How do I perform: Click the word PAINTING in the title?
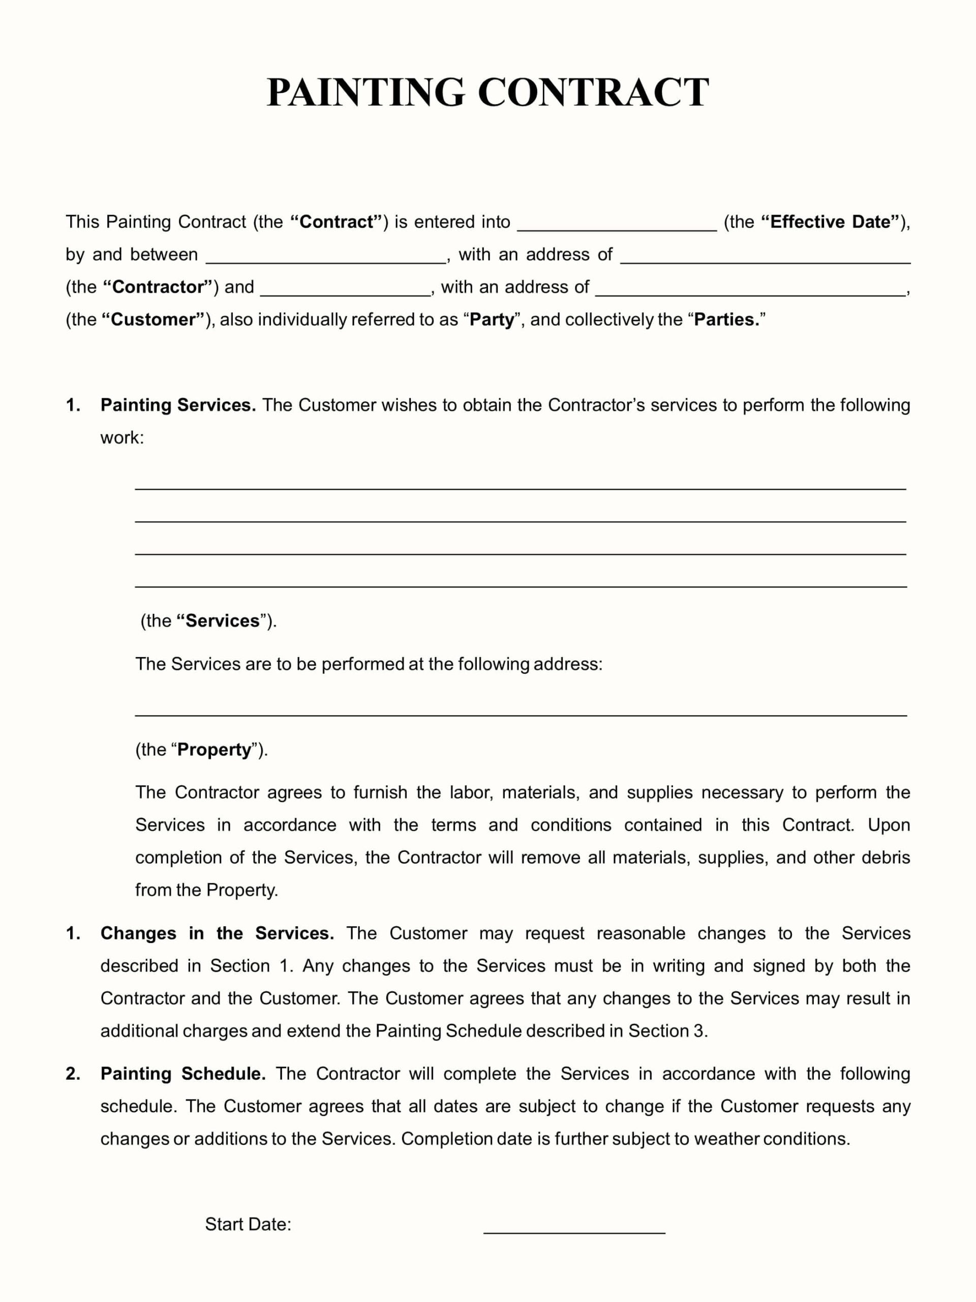click(x=365, y=93)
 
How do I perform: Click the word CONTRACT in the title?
click(x=593, y=93)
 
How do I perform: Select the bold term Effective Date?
click(x=830, y=222)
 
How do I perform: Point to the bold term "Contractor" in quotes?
click(x=158, y=287)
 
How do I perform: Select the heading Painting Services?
click(x=178, y=405)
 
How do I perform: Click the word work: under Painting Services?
click(x=122, y=437)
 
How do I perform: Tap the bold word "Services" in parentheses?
click(x=222, y=621)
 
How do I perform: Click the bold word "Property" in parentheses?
click(x=214, y=749)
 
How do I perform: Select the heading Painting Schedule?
click(x=183, y=1074)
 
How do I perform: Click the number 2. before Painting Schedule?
click(x=73, y=1074)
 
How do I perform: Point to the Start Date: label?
click(x=248, y=1224)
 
